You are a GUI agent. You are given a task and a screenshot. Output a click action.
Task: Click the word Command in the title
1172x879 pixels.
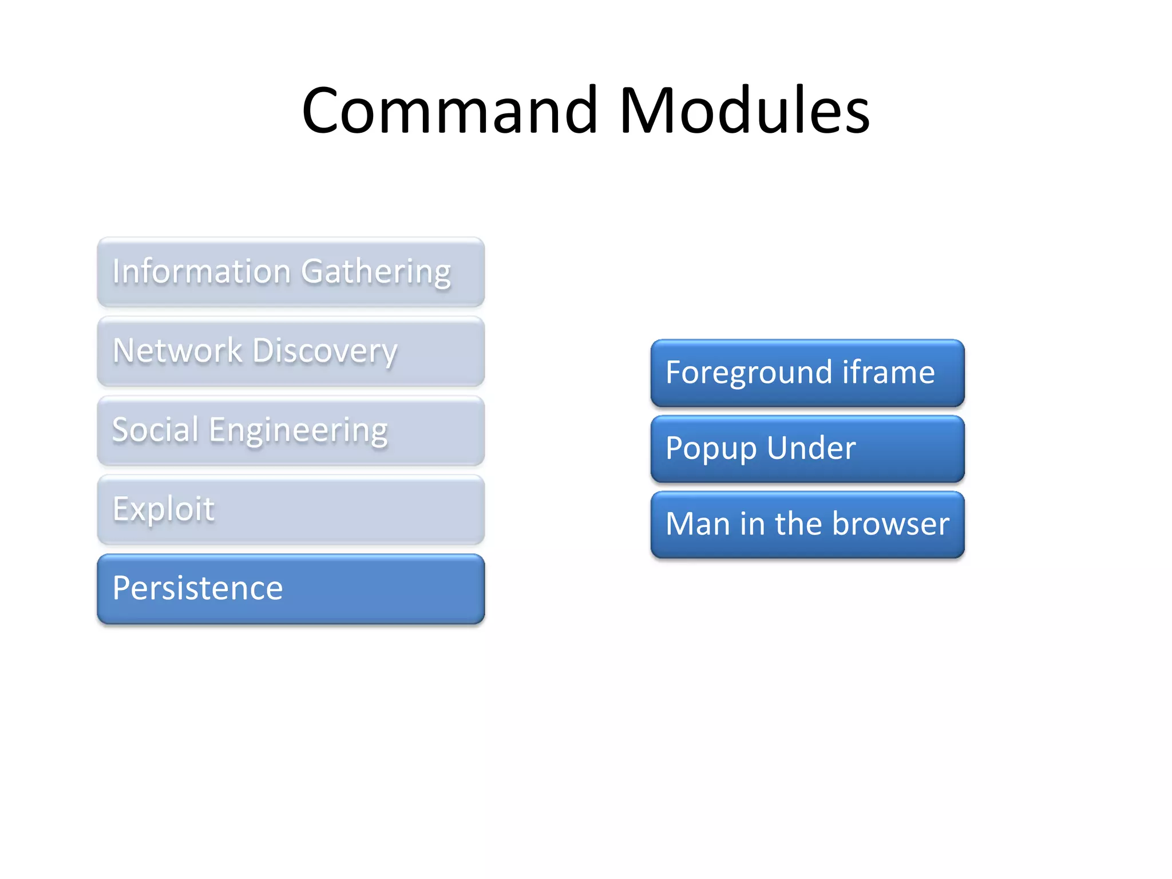pos(450,110)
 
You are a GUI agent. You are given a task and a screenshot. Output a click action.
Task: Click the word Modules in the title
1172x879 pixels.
pos(744,110)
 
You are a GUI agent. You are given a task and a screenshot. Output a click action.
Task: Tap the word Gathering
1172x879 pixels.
pos(376,272)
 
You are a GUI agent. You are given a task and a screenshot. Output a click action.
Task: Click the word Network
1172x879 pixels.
pos(177,350)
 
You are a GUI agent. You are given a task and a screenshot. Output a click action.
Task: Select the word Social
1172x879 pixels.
pos(155,429)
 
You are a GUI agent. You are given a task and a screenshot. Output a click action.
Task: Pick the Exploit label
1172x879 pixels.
pos(163,509)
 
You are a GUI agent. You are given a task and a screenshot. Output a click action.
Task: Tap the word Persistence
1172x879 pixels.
pos(197,588)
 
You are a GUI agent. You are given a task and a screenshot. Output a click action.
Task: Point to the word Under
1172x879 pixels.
pos(811,448)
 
